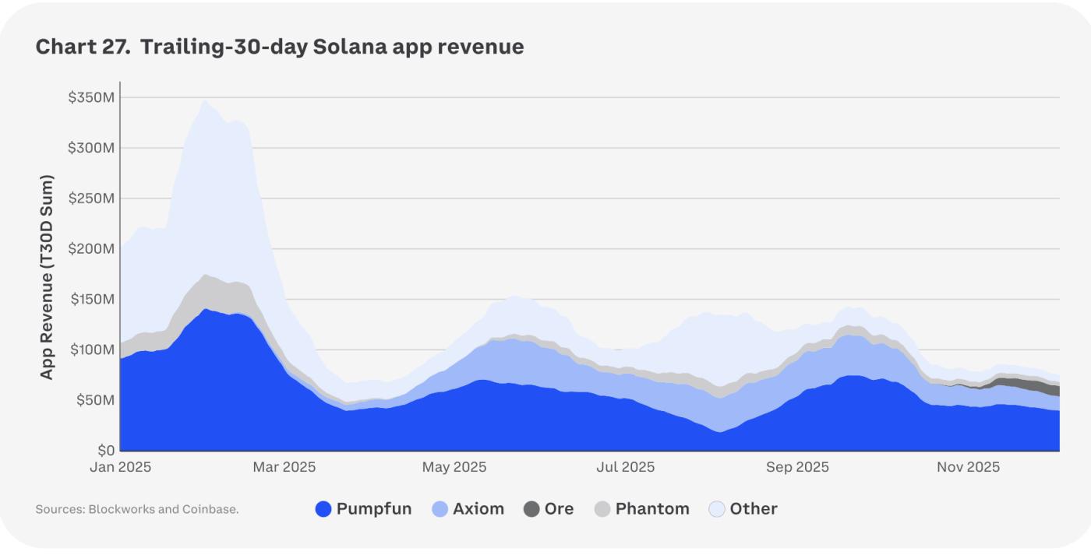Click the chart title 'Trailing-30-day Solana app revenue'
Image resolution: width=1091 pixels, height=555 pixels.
coord(280,47)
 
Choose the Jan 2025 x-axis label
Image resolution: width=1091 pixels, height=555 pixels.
coord(120,468)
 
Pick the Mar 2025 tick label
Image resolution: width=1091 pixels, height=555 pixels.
coord(284,468)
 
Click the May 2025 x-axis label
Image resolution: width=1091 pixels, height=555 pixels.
coord(454,468)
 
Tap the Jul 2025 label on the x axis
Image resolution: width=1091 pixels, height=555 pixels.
coord(625,468)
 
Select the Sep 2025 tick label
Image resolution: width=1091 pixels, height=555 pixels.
coord(797,468)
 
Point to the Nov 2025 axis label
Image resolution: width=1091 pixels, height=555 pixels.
coord(968,468)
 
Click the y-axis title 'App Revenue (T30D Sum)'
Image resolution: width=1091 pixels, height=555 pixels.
coord(48,277)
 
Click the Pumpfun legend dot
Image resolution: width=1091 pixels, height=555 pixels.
coord(323,509)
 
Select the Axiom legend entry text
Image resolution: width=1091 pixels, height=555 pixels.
coord(478,509)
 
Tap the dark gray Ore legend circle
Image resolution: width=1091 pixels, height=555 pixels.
coord(531,509)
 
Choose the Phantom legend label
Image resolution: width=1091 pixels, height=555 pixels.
coord(652,509)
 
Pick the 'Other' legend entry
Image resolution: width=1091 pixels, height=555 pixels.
coord(754,509)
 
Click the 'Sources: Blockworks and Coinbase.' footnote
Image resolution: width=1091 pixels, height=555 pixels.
coord(137,510)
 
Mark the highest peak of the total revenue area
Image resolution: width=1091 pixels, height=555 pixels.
coord(204,100)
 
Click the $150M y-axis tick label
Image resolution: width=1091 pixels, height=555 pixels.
coord(92,300)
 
